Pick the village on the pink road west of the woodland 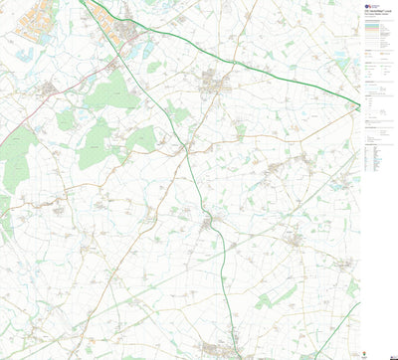48,90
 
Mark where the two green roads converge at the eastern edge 358,104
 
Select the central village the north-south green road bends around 209,225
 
